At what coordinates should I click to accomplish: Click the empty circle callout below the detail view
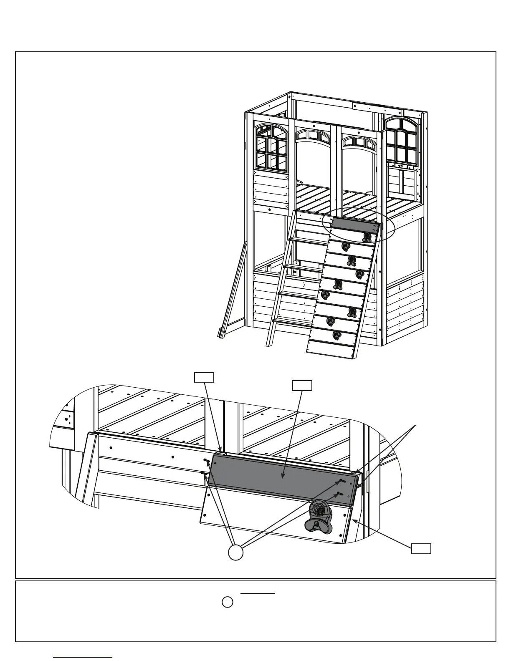(x=235, y=552)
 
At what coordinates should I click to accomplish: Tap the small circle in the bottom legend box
(x=227, y=602)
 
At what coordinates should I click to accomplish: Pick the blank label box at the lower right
(x=421, y=549)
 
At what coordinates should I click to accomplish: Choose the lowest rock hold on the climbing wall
(x=336, y=335)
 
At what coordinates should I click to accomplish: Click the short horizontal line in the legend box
(x=258, y=593)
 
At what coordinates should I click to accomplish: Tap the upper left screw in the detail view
(x=206, y=460)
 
